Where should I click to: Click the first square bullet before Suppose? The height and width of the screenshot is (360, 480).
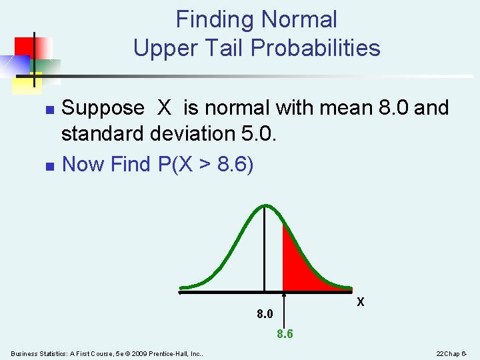click(47, 109)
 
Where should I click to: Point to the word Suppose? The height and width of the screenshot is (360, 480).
click(103, 107)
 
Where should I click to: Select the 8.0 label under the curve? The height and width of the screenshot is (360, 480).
click(265, 313)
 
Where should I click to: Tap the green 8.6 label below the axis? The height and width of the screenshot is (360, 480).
click(285, 334)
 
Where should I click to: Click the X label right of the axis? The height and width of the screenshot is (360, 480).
click(361, 302)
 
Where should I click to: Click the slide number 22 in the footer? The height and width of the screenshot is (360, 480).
click(440, 353)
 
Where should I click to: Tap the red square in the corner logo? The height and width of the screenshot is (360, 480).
click(25, 47)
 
